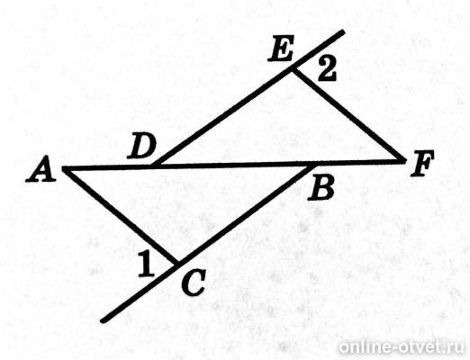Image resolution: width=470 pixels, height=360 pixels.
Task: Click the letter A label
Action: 41,169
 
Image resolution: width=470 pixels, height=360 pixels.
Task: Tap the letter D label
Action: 141,146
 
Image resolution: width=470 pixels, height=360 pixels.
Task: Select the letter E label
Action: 281,49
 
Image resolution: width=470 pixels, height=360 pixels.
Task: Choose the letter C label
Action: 194,283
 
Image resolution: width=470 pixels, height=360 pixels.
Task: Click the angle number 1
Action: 146,264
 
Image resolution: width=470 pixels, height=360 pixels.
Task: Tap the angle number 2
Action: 327,69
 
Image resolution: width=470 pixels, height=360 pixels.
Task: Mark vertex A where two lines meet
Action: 64,169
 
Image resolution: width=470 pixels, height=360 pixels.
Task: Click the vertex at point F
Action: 404,161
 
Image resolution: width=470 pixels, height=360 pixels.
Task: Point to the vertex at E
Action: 292,69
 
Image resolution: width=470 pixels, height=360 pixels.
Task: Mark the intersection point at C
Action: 177,264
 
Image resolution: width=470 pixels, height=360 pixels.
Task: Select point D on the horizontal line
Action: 153,166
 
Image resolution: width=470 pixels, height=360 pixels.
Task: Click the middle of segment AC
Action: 121,217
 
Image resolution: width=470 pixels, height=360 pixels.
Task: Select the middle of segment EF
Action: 348,115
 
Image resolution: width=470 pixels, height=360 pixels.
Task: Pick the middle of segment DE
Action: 222,118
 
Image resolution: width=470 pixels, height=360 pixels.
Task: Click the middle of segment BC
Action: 247,214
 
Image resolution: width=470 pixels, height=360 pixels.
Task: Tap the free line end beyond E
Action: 343,31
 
